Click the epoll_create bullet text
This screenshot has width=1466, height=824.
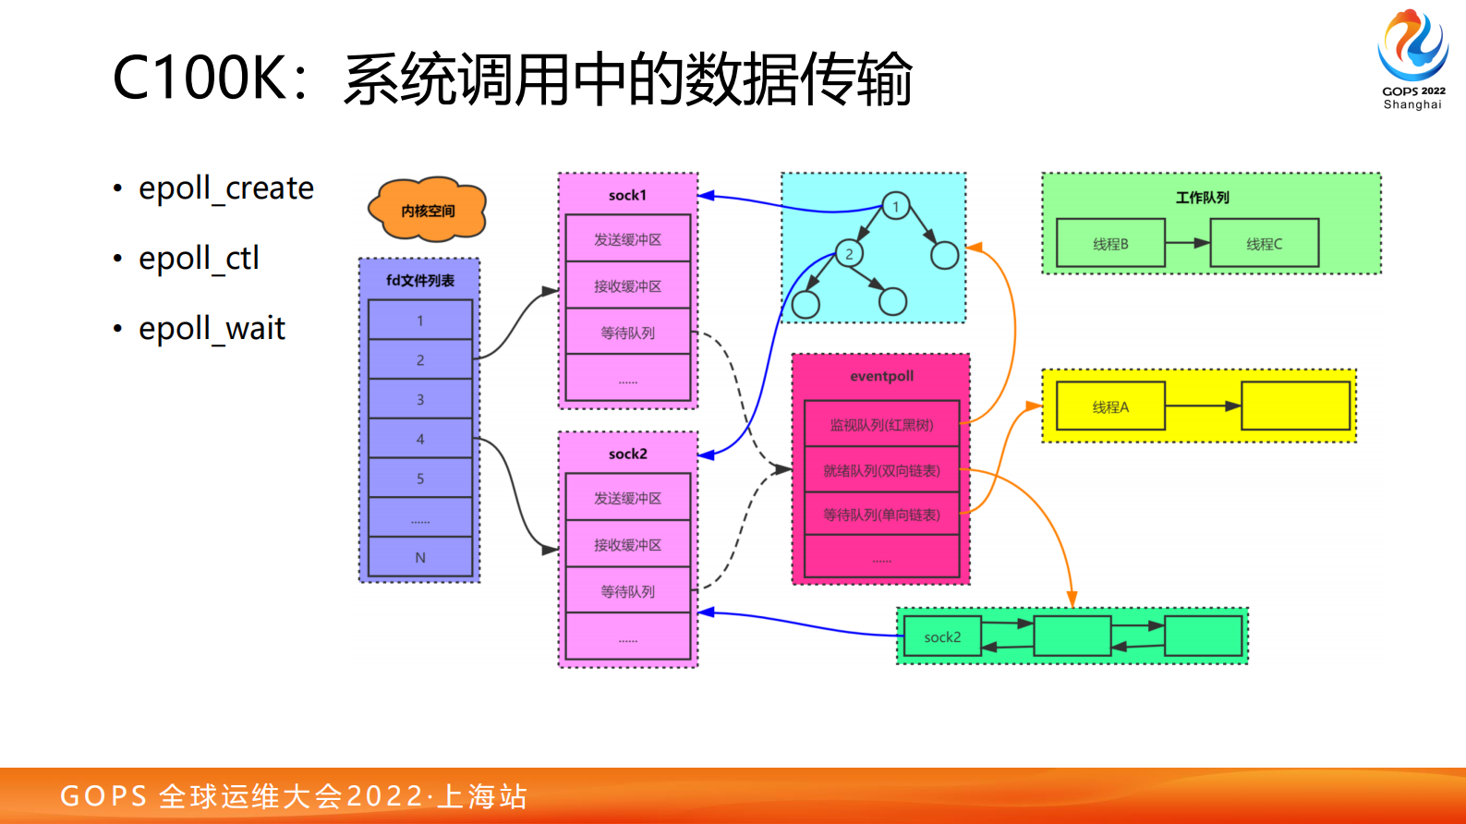225,188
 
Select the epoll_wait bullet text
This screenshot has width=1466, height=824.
212,329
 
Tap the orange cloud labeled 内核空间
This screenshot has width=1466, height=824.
428,211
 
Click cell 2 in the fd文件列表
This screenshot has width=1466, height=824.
420,360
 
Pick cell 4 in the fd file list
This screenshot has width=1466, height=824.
420,440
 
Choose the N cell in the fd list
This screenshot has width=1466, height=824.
420,558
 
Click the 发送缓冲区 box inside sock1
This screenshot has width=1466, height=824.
628,239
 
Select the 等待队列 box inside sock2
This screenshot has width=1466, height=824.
628,591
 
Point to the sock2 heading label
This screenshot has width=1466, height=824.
628,454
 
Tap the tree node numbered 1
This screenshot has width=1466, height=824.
895,207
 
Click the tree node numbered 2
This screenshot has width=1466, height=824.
849,254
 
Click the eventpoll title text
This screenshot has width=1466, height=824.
881,376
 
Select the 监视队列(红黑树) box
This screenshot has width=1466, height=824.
881,425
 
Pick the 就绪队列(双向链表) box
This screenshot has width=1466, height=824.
881,471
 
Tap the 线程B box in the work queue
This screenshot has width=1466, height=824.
1110,244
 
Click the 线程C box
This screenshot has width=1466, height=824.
1264,244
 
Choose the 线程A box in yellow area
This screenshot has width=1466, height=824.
1110,407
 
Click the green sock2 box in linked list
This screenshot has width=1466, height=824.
942,637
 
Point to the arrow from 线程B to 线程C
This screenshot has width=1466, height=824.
1188,243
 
